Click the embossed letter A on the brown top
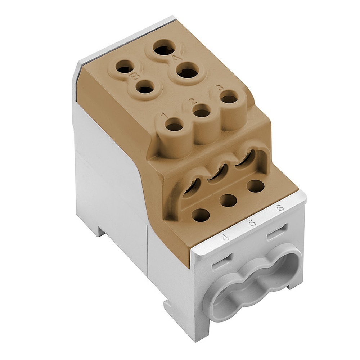176,59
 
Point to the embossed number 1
164,116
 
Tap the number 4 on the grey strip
226,237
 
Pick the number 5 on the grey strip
252,223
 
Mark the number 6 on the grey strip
279,208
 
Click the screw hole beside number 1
174,127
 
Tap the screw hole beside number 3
229,97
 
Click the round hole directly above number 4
201,215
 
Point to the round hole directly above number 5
228,201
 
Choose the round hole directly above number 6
256,186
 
